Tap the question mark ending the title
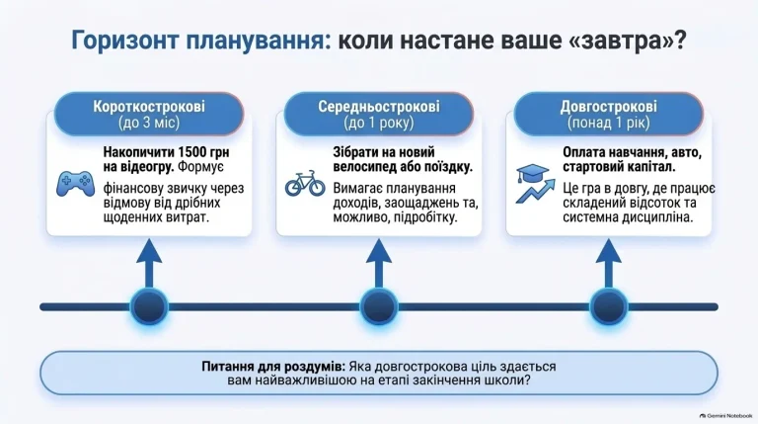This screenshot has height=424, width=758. click(680, 41)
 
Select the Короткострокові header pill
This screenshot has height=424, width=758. click(149, 115)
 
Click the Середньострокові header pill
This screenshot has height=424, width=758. click(379, 115)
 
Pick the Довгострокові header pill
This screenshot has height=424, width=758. click(609, 115)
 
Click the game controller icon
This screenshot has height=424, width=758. click(75, 184)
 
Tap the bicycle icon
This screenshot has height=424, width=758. click(305, 183)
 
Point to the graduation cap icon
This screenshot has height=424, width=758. click(533, 173)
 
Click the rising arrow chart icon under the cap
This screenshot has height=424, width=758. click(535, 191)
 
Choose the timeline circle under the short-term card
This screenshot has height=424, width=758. click(149, 306)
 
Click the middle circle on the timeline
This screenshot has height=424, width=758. click(379, 306)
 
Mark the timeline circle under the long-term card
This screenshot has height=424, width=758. click(609, 306)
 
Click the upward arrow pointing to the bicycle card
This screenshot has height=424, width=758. click(379, 264)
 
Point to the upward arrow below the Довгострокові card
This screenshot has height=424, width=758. click(609, 264)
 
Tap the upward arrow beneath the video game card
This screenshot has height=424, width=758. click(149, 264)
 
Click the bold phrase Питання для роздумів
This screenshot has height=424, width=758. click(273, 367)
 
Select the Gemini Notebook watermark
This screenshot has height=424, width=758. click(726, 416)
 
